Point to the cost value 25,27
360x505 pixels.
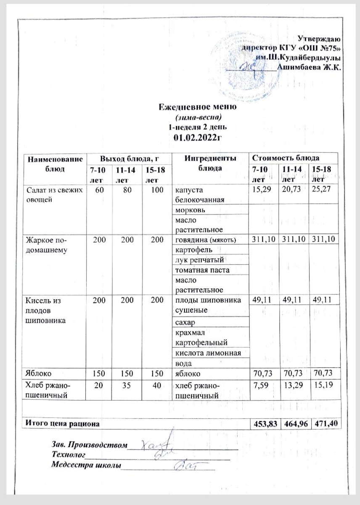point(322,190)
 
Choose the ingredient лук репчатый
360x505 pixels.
point(199,260)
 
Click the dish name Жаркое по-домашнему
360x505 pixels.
point(45,244)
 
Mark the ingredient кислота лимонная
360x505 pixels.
point(207,352)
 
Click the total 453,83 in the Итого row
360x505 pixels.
point(263,424)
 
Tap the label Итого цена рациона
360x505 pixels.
point(63,424)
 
